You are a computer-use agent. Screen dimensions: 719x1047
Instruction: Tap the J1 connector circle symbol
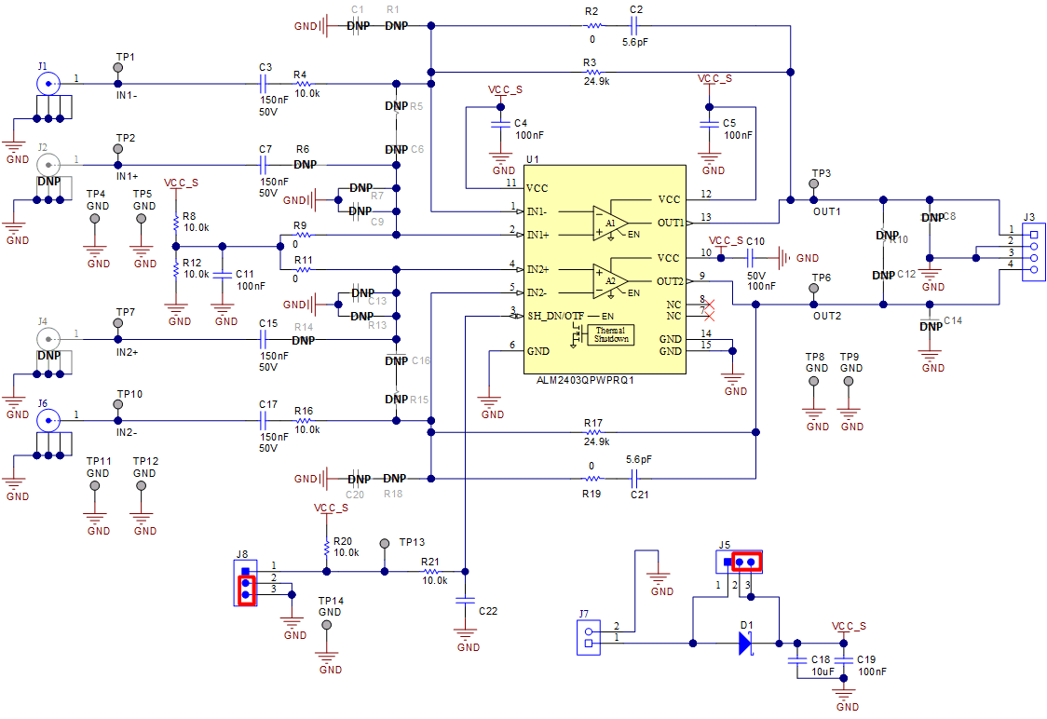pos(48,83)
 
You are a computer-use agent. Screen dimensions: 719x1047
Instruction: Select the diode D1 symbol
pos(745,643)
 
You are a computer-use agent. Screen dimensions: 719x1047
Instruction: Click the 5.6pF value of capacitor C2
pos(637,42)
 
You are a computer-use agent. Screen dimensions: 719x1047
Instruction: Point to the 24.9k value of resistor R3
pos(596,82)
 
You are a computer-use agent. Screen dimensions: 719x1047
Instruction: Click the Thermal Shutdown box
pos(611,334)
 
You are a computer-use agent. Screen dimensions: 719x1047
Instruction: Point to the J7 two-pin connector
pos(588,637)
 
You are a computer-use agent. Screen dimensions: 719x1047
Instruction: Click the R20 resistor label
pos(343,541)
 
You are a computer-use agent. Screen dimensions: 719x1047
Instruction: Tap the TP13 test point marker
pos(385,543)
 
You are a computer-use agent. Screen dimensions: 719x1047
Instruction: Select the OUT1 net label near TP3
pos(827,211)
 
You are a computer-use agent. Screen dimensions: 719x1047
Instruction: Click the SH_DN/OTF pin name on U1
pos(555,316)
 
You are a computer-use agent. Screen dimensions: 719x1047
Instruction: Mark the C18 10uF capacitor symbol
pos(796,659)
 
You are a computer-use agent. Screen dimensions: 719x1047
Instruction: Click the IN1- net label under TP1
pos(127,94)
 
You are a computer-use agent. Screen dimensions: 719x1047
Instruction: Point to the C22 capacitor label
pos(488,611)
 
